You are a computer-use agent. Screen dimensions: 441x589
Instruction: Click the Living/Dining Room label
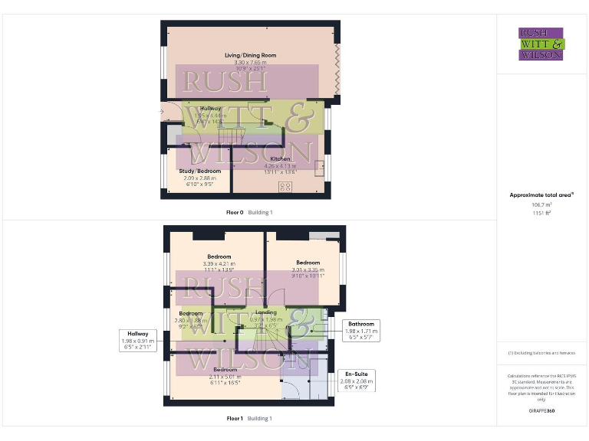point(250,56)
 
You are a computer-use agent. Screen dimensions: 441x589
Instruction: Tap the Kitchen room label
point(280,158)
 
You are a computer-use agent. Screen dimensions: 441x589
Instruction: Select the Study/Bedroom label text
point(199,171)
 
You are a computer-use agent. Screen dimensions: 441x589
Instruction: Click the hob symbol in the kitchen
point(285,186)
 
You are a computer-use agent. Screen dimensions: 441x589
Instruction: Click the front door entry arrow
point(160,113)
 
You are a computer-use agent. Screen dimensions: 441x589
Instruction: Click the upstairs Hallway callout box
point(138,340)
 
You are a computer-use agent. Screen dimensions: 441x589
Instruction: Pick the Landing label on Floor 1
point(265,312)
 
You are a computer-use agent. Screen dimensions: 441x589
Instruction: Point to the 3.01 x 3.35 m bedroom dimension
point(308,269)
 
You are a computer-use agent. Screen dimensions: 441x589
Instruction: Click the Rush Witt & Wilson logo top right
point(541,44)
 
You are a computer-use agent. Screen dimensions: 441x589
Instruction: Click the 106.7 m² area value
point(541,204)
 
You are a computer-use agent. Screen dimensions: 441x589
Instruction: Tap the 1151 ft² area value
point(541,213)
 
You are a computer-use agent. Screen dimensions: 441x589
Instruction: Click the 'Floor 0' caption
point(235,211)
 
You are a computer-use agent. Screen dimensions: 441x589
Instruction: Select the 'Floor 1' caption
point(235,418)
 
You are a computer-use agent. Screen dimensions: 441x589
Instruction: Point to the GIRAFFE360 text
point(541,411)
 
